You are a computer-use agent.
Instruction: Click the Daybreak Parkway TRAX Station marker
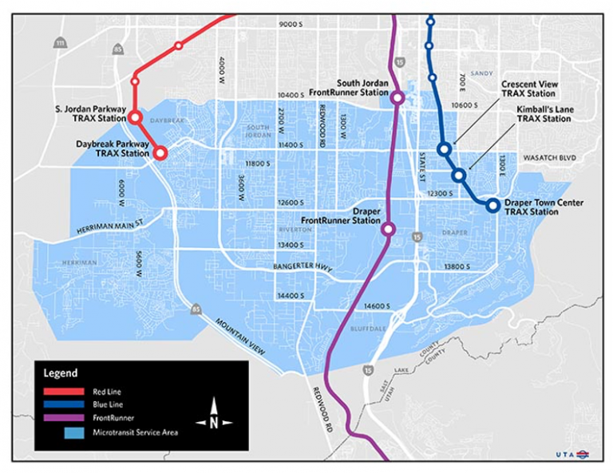point(160,152)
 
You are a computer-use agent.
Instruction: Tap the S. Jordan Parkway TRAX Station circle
point(136,117)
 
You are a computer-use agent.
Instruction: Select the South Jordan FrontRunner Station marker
point(397,98)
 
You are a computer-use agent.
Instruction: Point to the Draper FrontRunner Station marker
point(388,229)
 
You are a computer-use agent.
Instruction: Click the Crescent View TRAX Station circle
point(444,149)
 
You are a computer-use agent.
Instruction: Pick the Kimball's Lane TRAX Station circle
point(458,175)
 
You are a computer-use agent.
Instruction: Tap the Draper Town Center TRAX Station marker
point(492,205)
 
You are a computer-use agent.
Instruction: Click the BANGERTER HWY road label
point(301,266)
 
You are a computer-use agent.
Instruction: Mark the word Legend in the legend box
point(61,372)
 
